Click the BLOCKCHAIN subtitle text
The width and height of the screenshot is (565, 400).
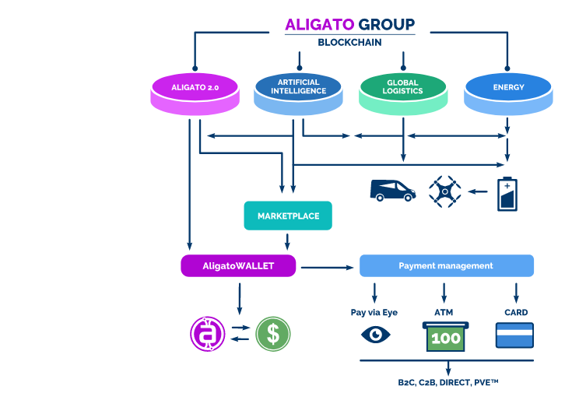(349, 42)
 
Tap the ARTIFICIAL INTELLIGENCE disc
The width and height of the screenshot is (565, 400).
(300, 89)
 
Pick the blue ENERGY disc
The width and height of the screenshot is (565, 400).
(508, 89)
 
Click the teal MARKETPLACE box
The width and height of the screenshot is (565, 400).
(288, 216)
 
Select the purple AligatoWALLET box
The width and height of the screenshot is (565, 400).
(238, 266)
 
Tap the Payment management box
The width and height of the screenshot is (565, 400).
(446, 266)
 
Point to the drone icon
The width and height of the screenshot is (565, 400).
(444, 191)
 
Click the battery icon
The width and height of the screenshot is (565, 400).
(507, 194)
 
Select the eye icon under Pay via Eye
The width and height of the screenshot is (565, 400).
(376, 335)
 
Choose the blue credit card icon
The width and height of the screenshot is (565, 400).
(514, 335)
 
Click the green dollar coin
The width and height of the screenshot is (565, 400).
(273, 334)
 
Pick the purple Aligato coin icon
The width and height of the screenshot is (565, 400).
(207, 334)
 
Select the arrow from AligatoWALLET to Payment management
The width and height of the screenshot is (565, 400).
(327, 268)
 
